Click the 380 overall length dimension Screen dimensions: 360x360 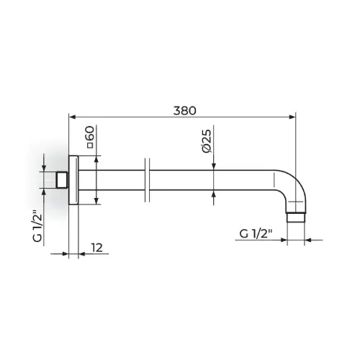[184, 111]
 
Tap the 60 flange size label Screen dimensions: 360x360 [90, 134]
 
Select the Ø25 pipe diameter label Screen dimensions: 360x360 [207, 141]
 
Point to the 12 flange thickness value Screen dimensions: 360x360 [97, 248]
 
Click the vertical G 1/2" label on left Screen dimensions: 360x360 [37, 226]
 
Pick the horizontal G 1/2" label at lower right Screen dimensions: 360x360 [256, 233]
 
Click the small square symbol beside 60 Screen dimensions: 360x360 [90, 145]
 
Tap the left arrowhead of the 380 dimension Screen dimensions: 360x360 [72, 117]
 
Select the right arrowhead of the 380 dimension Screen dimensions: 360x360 [292, 117]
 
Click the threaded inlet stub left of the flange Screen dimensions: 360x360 [63, 180]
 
